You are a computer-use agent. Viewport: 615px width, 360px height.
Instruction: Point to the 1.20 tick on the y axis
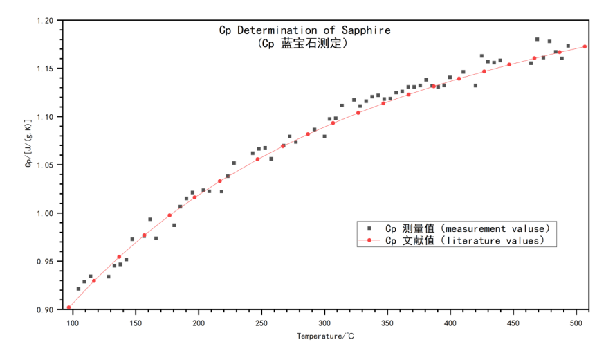[45, 21]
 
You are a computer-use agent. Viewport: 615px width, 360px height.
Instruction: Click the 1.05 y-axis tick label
[45, 165]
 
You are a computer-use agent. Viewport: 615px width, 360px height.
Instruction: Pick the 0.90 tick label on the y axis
[45, 309]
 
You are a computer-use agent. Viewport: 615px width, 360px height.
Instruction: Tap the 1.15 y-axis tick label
[45, 69]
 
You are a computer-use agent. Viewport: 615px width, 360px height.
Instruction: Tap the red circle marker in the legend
[369, 241]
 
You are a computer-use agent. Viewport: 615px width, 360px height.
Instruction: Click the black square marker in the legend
[369, 228]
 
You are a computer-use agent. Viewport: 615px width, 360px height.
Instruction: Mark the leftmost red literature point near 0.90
[69, 307]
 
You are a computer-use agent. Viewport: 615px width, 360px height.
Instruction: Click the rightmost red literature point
[585, 47]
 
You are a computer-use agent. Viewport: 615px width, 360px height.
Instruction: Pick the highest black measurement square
[537, 39]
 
